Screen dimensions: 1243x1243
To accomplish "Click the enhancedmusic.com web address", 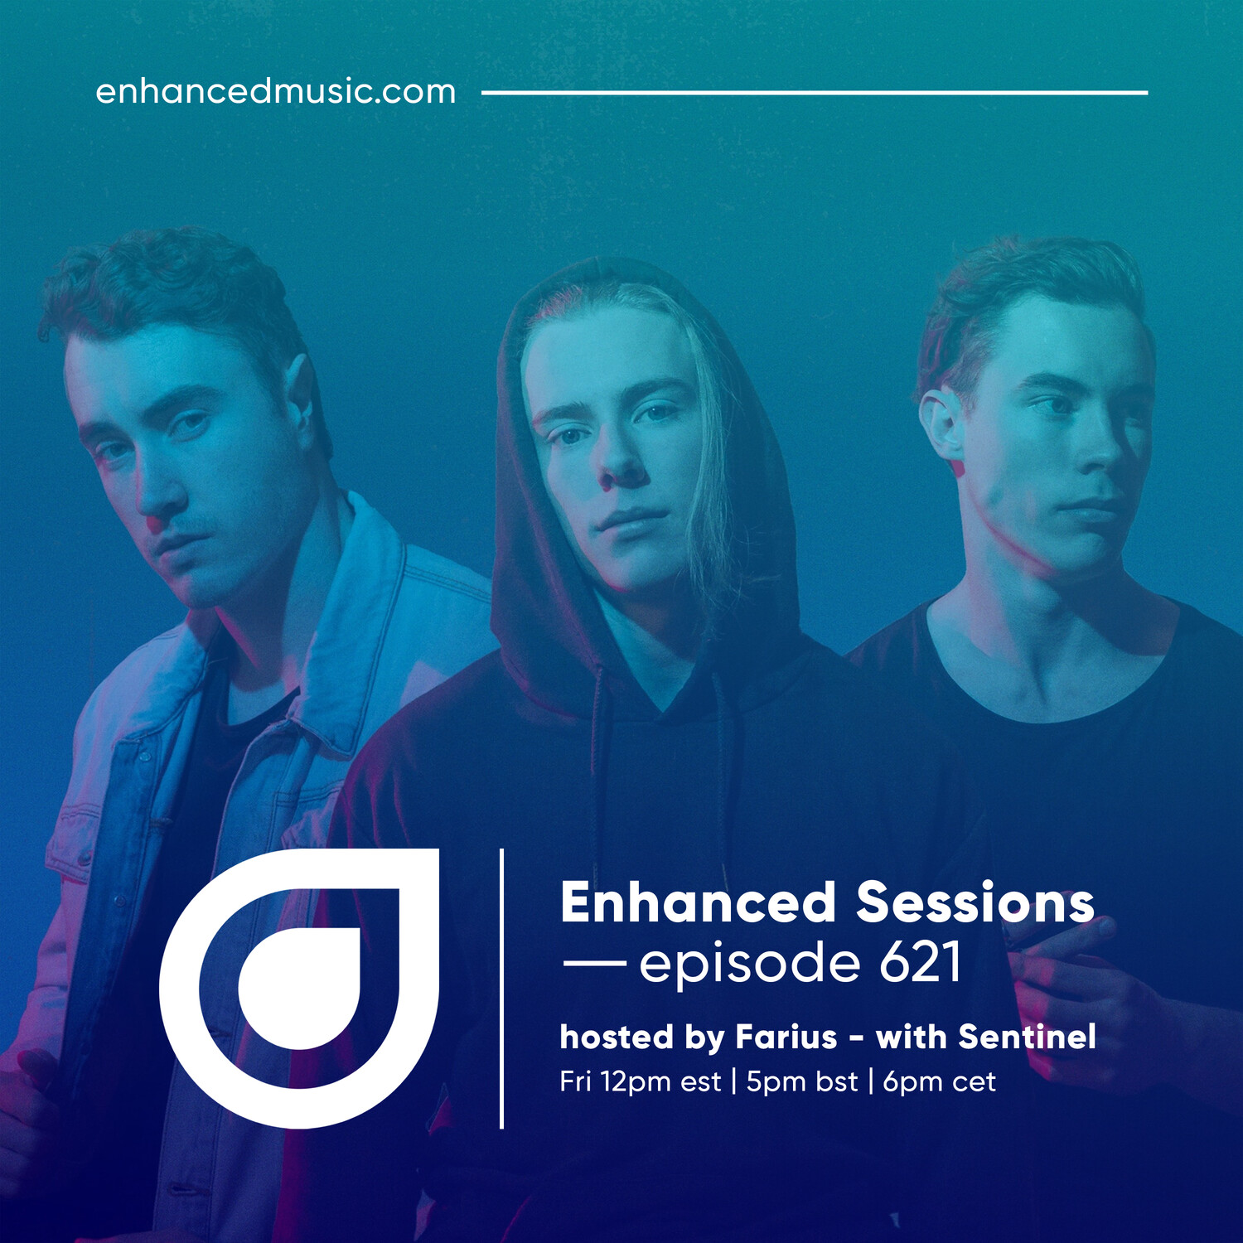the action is [x=276, y=91].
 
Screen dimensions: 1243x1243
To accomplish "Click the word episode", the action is [x=749, y=965].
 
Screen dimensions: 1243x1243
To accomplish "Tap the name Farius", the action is [x=786, y=1037].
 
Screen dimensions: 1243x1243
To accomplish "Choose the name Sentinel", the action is [x=1027, y=1037].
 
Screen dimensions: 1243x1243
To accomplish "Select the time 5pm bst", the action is [x=801, y=1081].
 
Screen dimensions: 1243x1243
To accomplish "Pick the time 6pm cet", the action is [x=939, y=1081].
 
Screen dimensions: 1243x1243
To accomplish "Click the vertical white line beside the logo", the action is [x=501, y=989].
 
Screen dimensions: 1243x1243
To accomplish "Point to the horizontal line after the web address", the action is [x=815, y=93].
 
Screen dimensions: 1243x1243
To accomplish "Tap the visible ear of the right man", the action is [x=943, y=428].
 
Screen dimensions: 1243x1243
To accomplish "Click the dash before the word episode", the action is [x=594, y=963].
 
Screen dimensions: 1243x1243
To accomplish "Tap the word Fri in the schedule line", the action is [x=575, y=1081].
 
